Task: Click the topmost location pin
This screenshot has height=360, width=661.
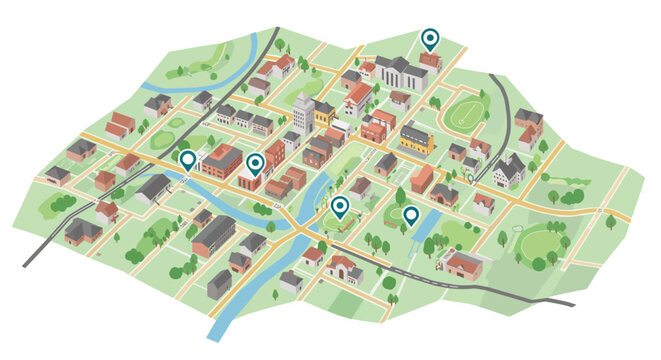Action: (x=430, y=39)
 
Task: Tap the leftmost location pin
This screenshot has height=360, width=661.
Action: (x=187, y=159)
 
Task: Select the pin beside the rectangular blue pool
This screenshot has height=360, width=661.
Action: (x=410, y=214)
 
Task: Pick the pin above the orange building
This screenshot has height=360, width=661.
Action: (x=254, y=163)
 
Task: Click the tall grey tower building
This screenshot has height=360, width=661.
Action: (x=303, y=112)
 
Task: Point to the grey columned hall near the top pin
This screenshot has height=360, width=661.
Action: (x=399, y=72)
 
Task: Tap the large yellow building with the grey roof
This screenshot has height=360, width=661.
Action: (x=417, y=139)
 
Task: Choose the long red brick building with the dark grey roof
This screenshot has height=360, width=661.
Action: (x=213, y=236)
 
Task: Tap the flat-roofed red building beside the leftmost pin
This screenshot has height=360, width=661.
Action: (x=221, y=161)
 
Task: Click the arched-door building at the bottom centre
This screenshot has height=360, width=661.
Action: (x=343, y=268)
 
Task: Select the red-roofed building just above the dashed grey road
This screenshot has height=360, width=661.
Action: (x=462, y=264)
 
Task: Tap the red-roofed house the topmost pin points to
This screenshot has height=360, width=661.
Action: (x=430, y=62)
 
